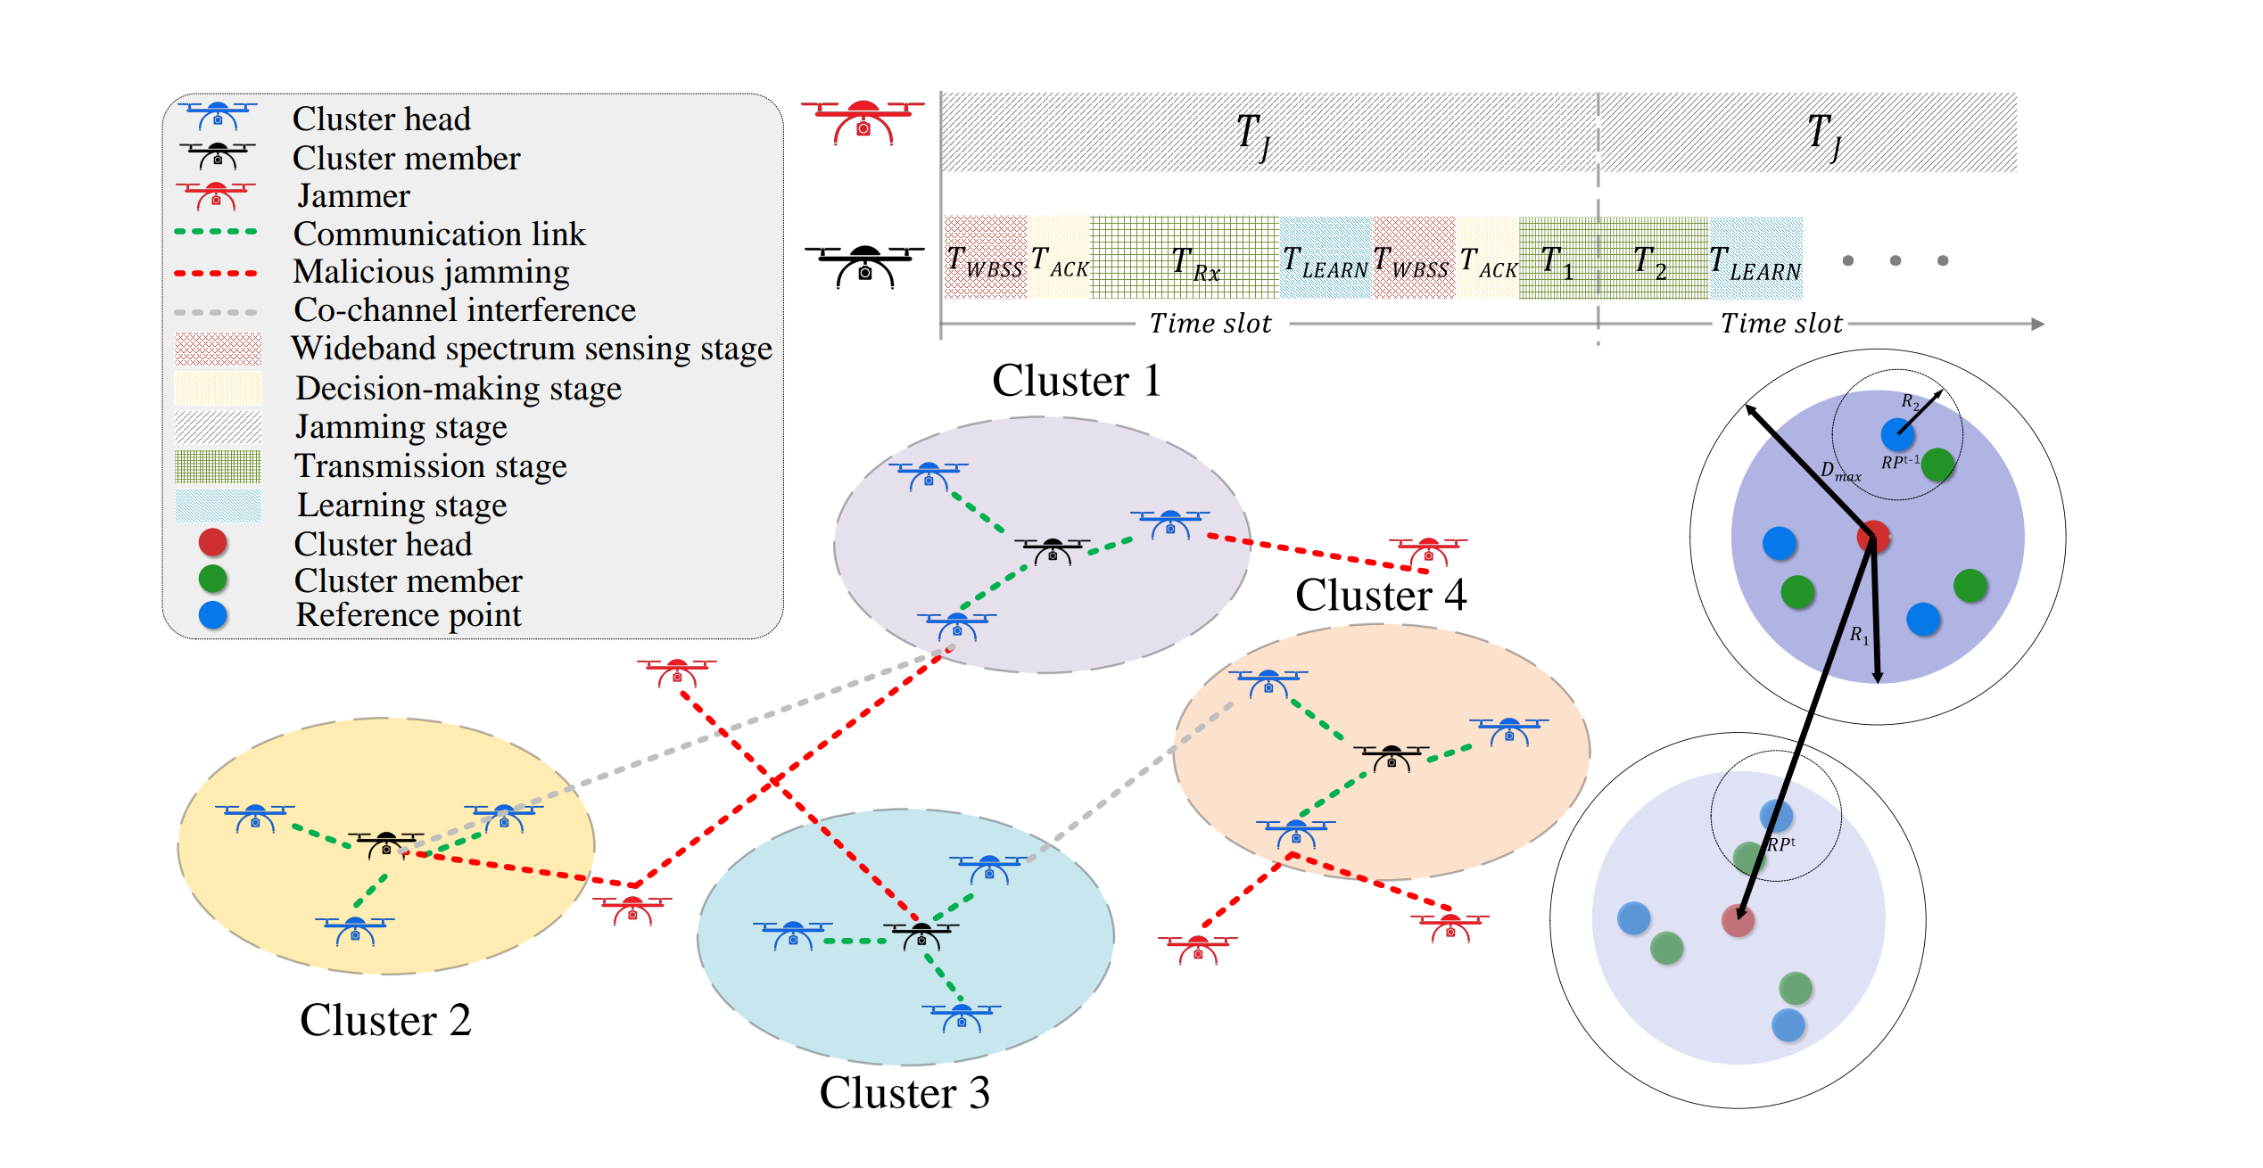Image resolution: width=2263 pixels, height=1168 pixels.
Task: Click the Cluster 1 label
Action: click(1077, 381)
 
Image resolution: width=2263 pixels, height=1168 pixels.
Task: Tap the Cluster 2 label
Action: click(385, 1020)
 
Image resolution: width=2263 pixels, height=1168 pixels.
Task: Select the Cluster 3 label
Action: click(904, 1093)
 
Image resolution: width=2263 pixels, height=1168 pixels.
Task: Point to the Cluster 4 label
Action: click(1381, 595)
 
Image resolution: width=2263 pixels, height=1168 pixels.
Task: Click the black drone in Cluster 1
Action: click(1053, 550)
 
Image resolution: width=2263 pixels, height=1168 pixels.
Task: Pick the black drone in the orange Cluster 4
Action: click(1392, 757)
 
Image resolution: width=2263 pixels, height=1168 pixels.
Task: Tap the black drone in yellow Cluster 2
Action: click(386, 843)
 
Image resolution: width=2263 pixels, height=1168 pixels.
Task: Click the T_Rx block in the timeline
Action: click(1185, 258)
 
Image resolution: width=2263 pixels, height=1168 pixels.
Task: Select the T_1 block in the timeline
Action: click(1558, 258)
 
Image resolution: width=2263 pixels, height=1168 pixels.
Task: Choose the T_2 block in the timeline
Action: click(1653, 258)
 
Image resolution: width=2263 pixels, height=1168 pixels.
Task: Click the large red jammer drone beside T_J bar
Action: click(863, 121)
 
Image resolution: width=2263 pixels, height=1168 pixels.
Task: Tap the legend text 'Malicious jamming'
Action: click(432, 272)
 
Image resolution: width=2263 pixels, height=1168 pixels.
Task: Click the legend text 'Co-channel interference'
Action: click(465, 310)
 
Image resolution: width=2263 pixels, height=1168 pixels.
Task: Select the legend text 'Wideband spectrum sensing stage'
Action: click(532, 349)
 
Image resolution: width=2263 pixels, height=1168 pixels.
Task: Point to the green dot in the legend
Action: click(212, 579)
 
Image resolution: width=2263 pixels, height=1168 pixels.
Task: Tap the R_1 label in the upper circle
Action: click(1859, 635)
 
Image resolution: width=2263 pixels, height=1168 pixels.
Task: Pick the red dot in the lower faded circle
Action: click(1738, 920)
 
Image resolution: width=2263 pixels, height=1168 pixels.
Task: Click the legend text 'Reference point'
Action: click(409, 615)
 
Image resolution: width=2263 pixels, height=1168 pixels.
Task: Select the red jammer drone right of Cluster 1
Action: click(1428, 550)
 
